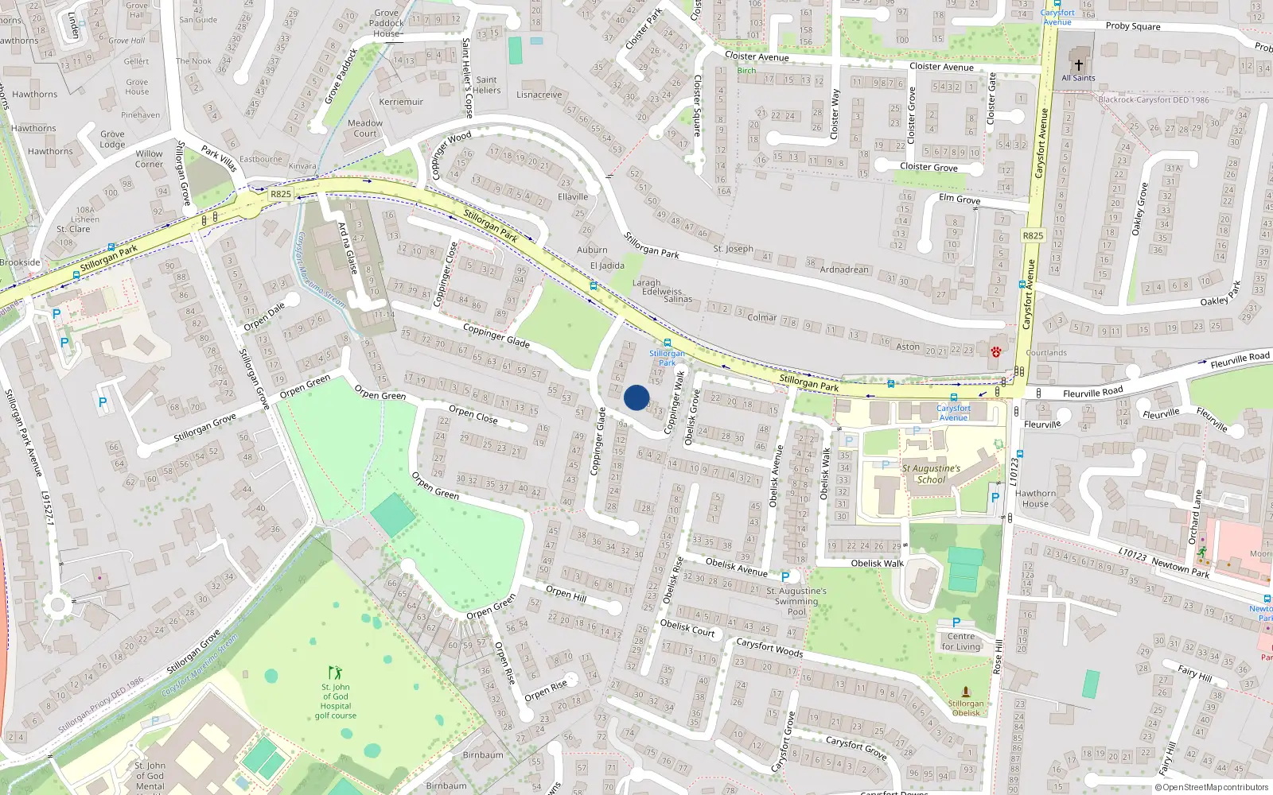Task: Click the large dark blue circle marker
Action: (636, 397)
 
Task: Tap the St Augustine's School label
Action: (931, 474)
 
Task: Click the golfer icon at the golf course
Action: (336, 673)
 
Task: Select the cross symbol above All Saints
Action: (1079, 65)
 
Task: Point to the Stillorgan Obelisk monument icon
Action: (966, 692)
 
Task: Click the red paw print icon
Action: (995, 351)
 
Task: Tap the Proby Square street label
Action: (1133, 26)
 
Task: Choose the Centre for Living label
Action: (961, 642)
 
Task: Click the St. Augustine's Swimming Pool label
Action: (796, 601)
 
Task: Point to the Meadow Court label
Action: (365, 128)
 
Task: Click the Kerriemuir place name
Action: (401, 102)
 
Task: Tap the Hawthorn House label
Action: (1035, 498)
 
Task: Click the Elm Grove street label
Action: (959, 199)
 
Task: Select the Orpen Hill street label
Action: (566, 592)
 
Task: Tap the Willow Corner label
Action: (149, 159)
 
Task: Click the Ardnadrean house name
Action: (844, 270)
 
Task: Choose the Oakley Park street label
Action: (1220, 296)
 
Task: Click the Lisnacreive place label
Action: (539, 95)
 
